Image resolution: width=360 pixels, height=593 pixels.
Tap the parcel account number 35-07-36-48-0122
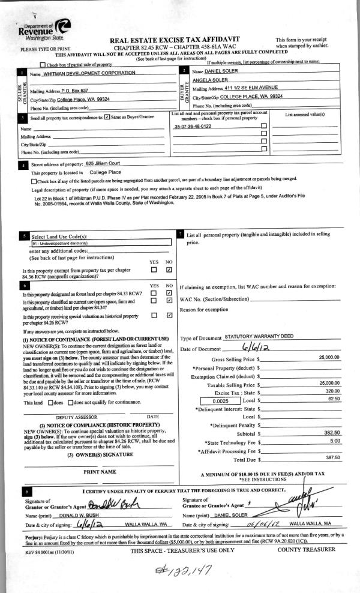tap(193, 127)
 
